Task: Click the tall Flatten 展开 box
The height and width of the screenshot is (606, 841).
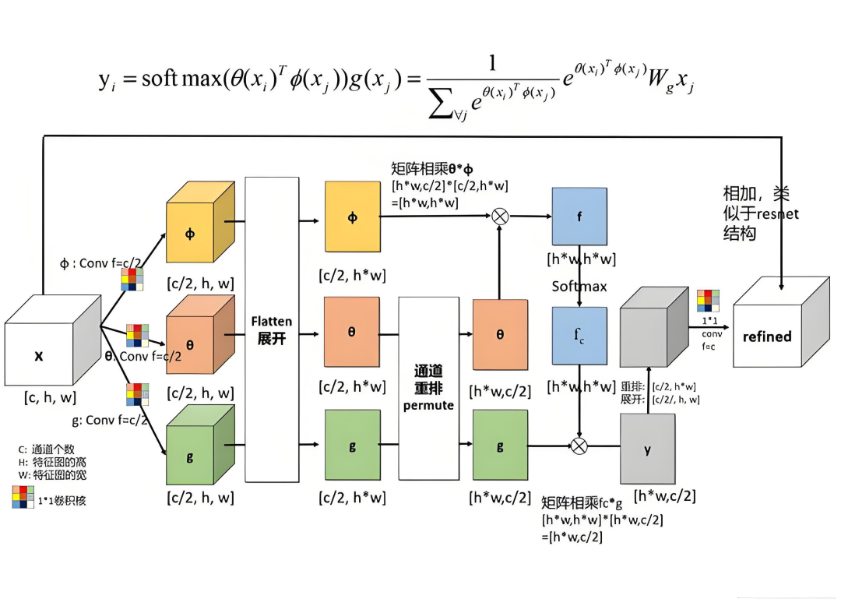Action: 272,329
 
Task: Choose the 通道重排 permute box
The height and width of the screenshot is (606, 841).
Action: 428,388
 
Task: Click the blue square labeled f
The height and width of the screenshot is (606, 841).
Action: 579,217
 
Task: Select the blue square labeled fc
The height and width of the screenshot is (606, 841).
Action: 579,336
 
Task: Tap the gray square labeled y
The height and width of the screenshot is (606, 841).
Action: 647,449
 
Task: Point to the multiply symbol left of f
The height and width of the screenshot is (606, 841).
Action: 500,217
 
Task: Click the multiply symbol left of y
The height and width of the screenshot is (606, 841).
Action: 579,446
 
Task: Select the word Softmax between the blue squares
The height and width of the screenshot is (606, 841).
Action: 579,286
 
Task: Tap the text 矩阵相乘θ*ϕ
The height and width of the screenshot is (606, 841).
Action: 431,168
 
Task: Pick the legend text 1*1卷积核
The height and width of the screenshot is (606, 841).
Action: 62,500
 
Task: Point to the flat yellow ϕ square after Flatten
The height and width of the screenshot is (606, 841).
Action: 352,217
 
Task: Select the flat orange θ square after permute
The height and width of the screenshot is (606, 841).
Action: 500,335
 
